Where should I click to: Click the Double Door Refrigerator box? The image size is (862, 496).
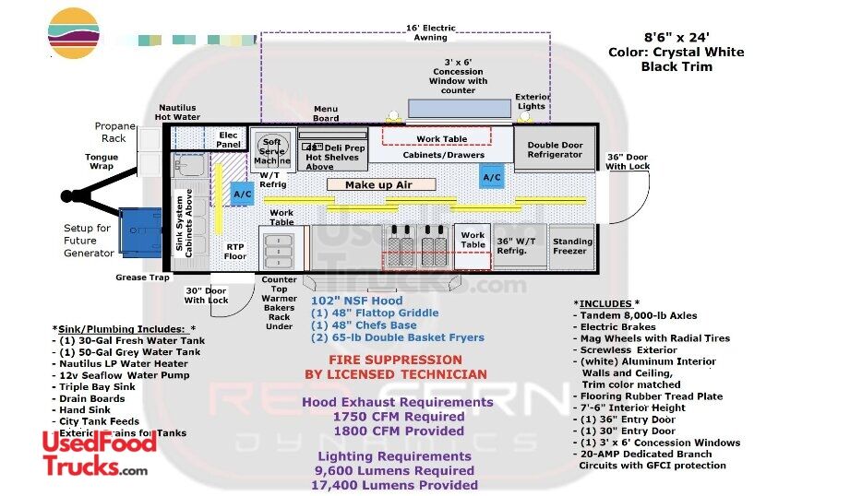[x=555, y=149]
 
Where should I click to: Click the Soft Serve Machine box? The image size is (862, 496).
[x=272, y=151]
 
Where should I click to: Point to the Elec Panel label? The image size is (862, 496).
[x=228, y=140]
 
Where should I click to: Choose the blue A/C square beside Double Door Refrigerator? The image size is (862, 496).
[x=492, y=177]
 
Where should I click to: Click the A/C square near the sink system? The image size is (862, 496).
[x=243, y=195]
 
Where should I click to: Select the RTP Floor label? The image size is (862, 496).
[x=235, y=251]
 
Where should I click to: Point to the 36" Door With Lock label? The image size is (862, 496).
[x=628, y=160]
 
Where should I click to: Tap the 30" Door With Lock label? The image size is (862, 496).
[x=206, y=295]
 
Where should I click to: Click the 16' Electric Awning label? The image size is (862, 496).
[x=430, y=32]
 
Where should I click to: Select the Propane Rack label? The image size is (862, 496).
[x=114, y=132]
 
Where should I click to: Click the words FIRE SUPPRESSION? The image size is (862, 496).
[x=395, y=360]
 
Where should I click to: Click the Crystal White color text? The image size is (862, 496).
[x=676, y=52]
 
